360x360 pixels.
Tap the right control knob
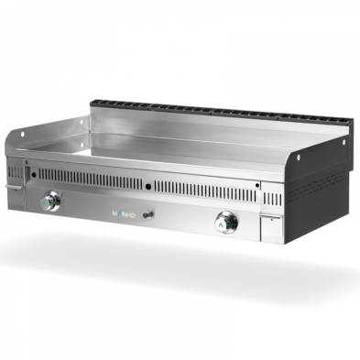225,221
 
